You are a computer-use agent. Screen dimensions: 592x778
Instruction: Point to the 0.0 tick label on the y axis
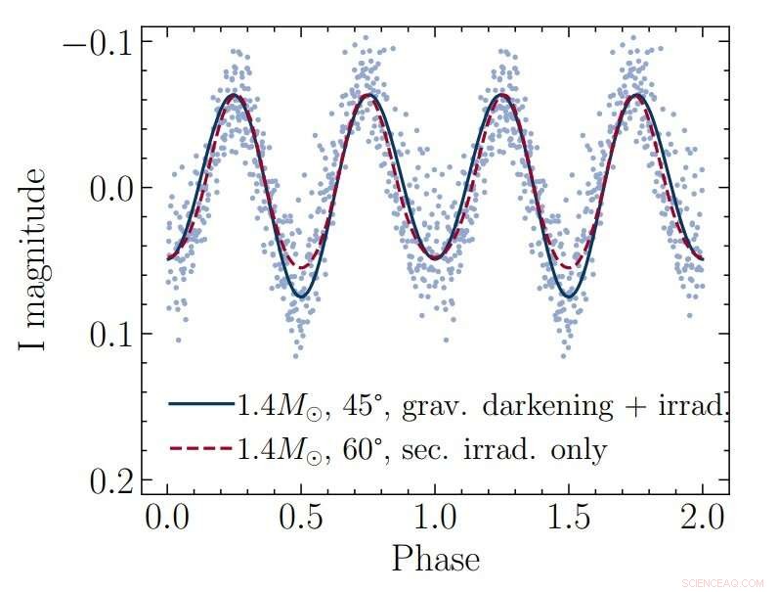pyautogui.click(x=111, y=188)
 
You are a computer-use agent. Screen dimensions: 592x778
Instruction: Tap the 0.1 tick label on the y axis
pyautogui.click(x=111, y=334)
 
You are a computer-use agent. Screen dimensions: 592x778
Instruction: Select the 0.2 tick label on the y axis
pyautogui.click(x=111, y=480)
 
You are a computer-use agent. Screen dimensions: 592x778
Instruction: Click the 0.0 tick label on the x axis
pyautogui.click(x=167, y=518)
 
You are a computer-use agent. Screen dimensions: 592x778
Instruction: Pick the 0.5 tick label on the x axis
pyautogui.click(x=301, y=518)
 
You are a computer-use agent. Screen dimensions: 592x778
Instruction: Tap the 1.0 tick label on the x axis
pyautogui.click(x=435, y=518)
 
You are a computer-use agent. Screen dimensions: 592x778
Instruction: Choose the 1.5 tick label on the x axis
pyautogui.click(x=569, y=518)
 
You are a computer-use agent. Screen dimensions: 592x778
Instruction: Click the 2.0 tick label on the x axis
pyautogui.click(x=702, y=518)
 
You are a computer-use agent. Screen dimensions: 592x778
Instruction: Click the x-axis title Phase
pyautogui.click(x=435, y=560)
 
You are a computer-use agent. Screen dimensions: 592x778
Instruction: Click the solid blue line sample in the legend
pyautogui.click(x=200, y=404)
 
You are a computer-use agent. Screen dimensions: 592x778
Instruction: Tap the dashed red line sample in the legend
pyautogui.click(x=200, y=449)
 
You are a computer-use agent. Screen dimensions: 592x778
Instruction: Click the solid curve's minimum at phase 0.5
pyautogui.click(x=301, y=296)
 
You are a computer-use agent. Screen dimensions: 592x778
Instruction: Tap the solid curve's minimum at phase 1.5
pyautogui.click(x=569, y=296)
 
